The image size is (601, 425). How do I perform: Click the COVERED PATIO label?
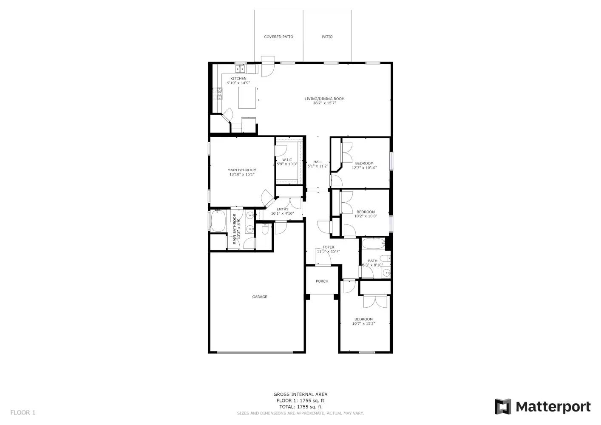pos(278,37)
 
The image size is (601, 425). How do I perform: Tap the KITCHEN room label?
pos(238,79)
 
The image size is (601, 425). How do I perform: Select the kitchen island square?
pos(247,97)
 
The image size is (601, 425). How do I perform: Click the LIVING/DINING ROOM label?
pos(324,99)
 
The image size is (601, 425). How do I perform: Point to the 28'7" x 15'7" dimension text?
pos(324,103)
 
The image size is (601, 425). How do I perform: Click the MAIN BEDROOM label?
pos(242,170)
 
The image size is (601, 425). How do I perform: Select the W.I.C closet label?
pos(287,160)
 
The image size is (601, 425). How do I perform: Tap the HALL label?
pos(318,162)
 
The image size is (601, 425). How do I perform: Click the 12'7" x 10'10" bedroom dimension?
pos(364,168)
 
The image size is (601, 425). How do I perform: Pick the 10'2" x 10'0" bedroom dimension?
pos(366,216)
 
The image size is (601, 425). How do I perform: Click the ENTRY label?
pos(282,209)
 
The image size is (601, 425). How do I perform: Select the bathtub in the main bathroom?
pos(218,221)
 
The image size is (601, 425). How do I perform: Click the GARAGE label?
pos(260,297)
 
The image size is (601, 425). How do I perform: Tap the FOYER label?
pos(328,247)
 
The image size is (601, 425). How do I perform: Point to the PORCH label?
pos(322,281)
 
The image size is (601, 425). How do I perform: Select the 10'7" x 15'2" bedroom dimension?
pos(363,324)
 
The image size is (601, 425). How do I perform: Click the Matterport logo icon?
pos(503,407)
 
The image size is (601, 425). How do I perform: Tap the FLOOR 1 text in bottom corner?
pos(23,412)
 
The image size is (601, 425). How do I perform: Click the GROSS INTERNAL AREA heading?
pos(300,394)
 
